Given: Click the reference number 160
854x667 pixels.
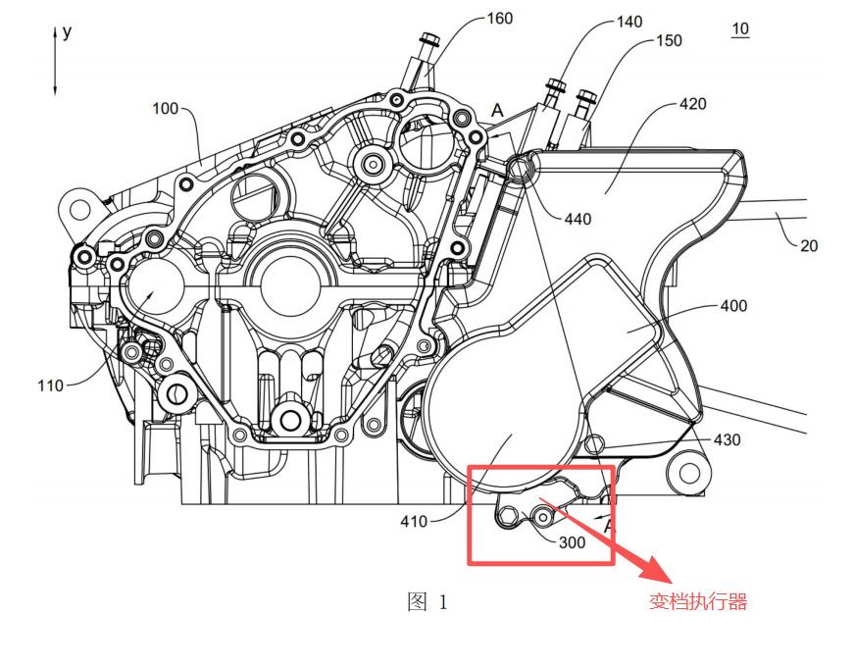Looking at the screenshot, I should click(499, 19).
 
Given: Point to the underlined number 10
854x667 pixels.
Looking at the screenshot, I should click(739, 29).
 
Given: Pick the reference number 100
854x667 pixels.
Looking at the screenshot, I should click(165, 108).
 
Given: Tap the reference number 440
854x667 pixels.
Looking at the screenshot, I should click(578, 219).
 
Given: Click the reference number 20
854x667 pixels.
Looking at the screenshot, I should click(808, 246).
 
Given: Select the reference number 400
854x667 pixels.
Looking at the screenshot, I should click(733, 306).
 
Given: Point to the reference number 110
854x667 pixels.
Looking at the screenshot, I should click(51, 385).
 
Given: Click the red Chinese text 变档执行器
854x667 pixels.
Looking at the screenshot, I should click(698, 602).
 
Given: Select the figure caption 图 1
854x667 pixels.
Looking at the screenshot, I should click(427, 602).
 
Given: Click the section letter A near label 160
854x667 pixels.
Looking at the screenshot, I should click(497, 112).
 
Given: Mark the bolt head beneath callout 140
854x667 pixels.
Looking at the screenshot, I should click(555, 85).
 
